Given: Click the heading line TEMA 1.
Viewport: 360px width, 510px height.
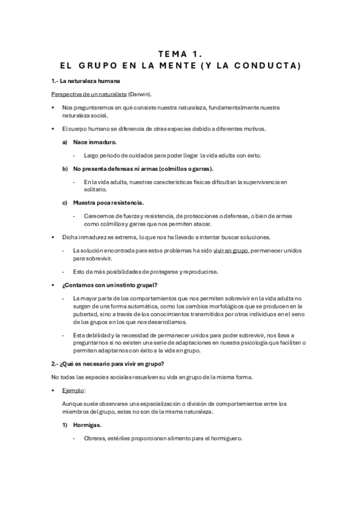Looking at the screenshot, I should click(x=180, y=54).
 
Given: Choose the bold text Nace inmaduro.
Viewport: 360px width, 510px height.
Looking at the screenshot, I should click(x=94, y=142).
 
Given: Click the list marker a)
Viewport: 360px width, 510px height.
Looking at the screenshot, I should click(x=65, y=142).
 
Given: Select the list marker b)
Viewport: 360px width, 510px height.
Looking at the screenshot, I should click(x=65, y=168).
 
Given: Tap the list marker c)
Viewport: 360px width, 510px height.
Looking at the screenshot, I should click(x=65, y=202).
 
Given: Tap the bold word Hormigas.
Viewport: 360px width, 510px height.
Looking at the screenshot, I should click(x=87, y=425).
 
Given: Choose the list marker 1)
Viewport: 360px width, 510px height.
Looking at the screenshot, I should click(x=65, y=425).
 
